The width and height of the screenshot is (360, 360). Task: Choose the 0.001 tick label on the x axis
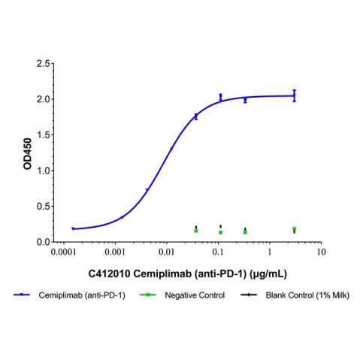[x=114, y=255]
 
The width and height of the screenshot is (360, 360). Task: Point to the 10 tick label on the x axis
[x=321, y=255]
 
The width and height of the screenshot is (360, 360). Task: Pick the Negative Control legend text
[x=192, y=297]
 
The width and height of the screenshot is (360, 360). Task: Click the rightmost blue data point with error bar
[x=295, y=95]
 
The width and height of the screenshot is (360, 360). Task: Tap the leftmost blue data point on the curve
[x=73, y=228]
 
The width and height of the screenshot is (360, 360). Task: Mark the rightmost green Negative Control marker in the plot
[x=295, y=229]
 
